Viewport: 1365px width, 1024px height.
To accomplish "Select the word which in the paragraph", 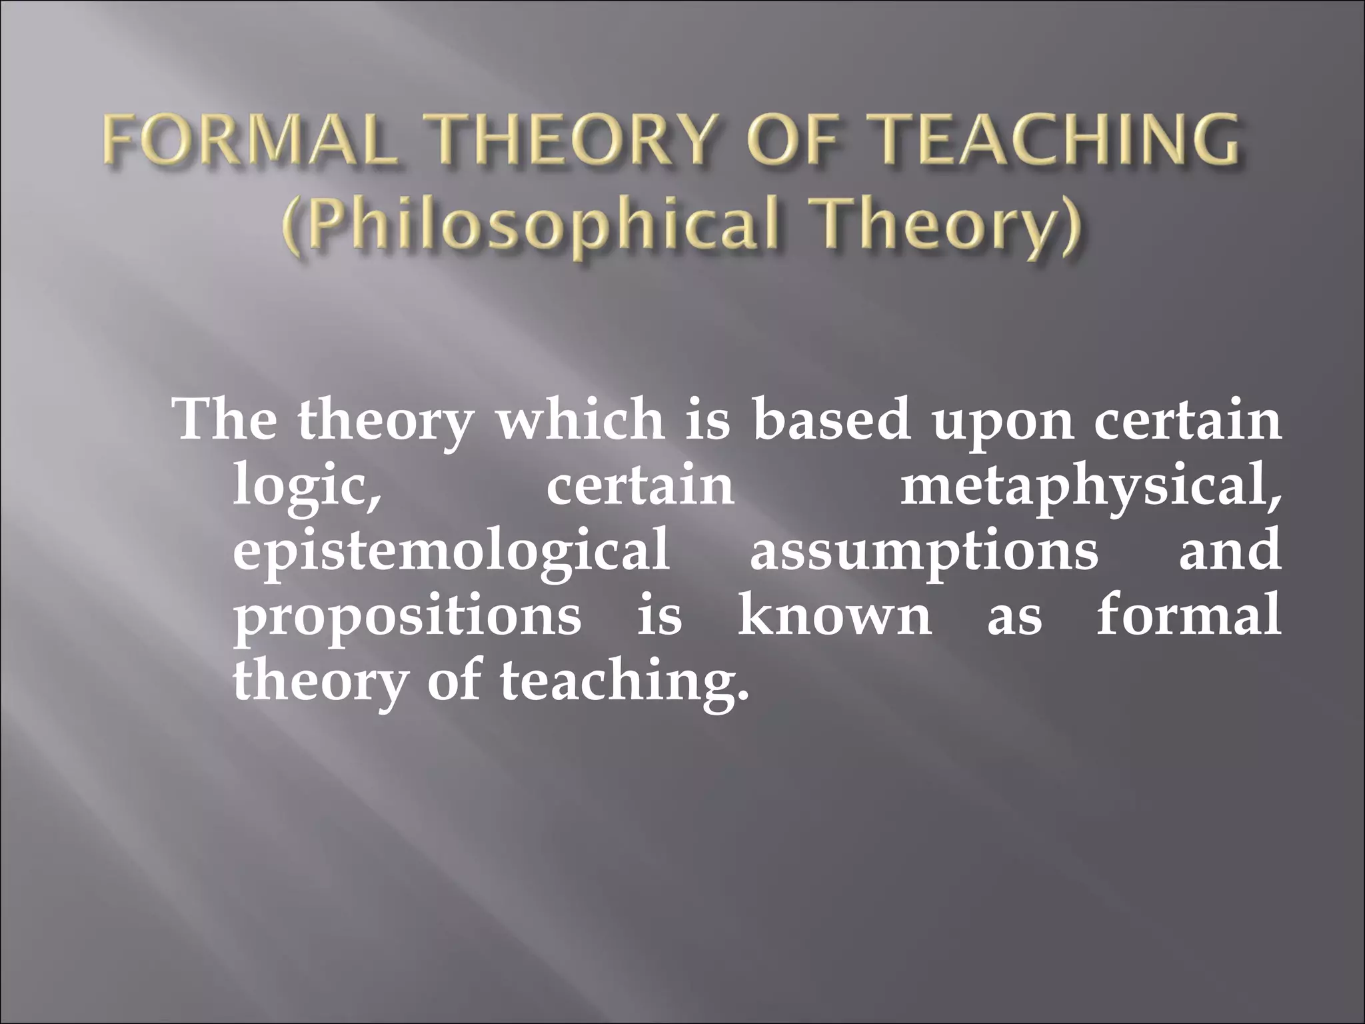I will click(580, 421).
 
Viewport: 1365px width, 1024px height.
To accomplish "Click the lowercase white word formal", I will click(1188, 616).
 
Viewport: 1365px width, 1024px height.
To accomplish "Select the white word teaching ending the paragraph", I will click(624, 683).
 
